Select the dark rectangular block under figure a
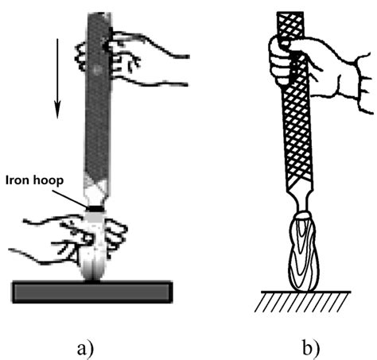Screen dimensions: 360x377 tap(92, 291)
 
